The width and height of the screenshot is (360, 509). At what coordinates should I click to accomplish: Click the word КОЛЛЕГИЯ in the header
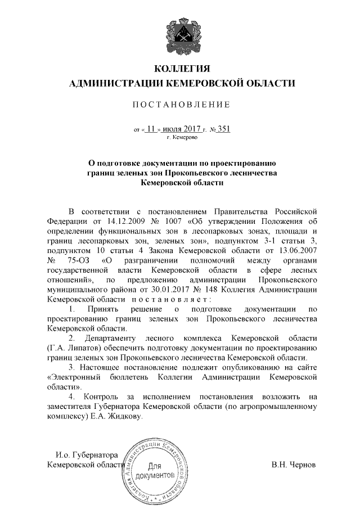(x=181, y=69)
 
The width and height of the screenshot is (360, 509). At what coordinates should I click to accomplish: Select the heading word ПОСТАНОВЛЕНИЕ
(x=181, y=105)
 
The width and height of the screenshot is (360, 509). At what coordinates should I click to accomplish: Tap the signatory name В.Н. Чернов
(x=294, y=465)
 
